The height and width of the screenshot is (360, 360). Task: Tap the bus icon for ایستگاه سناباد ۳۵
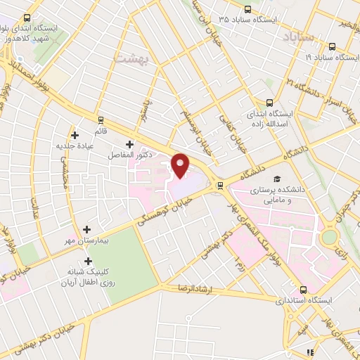(247, 9)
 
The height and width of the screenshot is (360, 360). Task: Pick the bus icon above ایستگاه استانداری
(303, 289)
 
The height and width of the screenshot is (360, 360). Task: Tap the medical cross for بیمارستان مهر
(86, 229)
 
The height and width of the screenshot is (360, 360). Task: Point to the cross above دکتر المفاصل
(129, 143)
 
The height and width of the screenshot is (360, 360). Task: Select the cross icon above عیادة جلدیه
(75, 135)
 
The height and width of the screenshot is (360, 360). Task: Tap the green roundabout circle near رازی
(329, 238)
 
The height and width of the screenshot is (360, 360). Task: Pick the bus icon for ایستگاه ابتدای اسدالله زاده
(270, 103)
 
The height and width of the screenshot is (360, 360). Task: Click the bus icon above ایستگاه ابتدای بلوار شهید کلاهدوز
(27, 18)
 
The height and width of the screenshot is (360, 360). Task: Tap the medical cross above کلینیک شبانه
(89, 261)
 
